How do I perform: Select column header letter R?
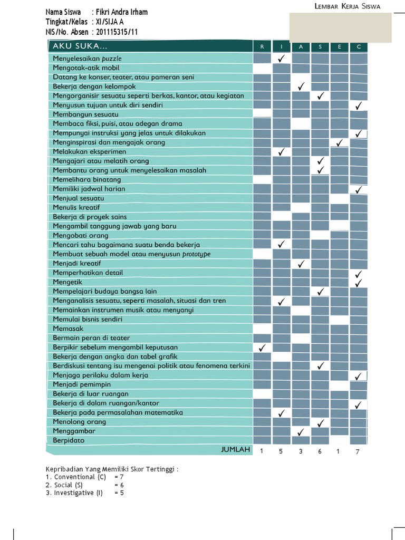tap(262, 47)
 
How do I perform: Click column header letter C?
tap(359, 47)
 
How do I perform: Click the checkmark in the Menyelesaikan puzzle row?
tap(281, 59)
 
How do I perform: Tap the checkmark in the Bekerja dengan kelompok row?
tap(301, 86)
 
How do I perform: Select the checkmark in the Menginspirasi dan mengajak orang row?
tap(340, 142)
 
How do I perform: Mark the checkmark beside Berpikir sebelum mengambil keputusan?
tap(262, 348)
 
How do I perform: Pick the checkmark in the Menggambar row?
tap(301, 431)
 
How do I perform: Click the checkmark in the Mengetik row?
tap(359, 282)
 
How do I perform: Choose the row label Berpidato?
tap(69, 440)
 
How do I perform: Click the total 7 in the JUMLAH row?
tap(359, 451)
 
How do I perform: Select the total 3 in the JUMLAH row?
tap(301, 451)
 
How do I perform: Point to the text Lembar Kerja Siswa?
tap(347, 6)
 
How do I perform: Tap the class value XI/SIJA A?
tap(110, 22)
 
